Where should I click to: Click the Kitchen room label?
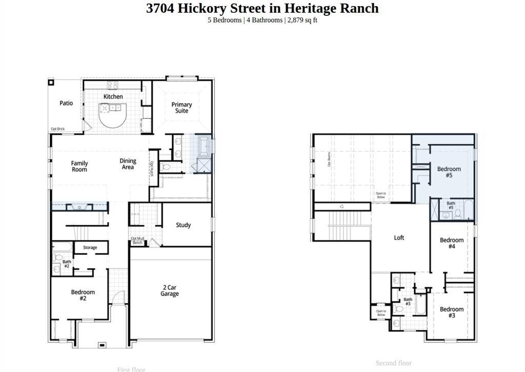[113, 96]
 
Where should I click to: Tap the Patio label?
[66, 103]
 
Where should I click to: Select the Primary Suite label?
[181, 107]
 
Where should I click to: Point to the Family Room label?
[79, 166]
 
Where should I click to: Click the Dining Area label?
[128, 164]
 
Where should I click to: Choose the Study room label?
[183, 225]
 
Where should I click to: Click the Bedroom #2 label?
[83, 295]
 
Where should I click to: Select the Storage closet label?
[90, 248]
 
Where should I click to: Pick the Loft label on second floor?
[399, 238]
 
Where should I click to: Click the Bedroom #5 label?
[449, 172]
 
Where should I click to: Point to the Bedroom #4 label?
[452, 243]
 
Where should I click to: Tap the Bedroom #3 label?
[452, 312]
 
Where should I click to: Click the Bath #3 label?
[408, 302]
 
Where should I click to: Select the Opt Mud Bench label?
[137, 240]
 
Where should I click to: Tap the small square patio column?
[51, 82]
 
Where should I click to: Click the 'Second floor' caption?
[393, 363]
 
